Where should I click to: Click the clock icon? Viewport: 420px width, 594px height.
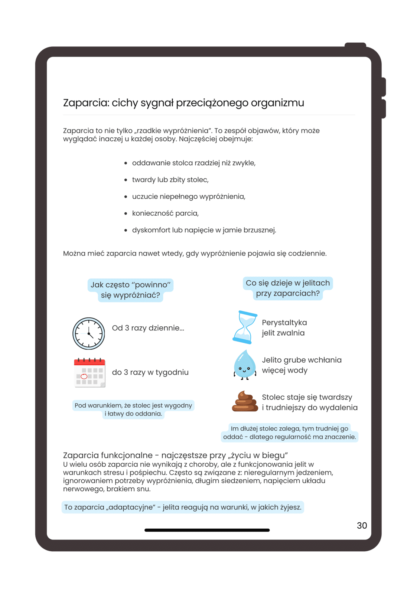tap(88, 333)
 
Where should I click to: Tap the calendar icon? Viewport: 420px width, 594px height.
tap(89, 373)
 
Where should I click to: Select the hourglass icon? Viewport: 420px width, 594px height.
tap(245, 327)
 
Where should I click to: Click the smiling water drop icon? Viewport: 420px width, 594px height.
tap(245, 365)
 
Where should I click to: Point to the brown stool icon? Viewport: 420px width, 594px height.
tap(245, 401)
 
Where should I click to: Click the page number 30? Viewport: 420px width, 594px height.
tap(362, 525)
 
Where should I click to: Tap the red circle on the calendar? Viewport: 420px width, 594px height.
tap(84, 376)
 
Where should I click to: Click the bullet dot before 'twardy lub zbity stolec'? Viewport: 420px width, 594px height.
tap(126, 180)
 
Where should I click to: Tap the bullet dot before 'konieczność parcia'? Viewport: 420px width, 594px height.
tap(126, 213)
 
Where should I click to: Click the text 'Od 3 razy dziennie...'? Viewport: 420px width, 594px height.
tap(148, 328)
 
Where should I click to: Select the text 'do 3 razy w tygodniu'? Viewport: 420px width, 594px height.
tap(150, 372)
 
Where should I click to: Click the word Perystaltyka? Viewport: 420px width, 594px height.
tap(284, 323)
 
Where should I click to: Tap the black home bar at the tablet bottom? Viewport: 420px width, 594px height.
tap(207, 530)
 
